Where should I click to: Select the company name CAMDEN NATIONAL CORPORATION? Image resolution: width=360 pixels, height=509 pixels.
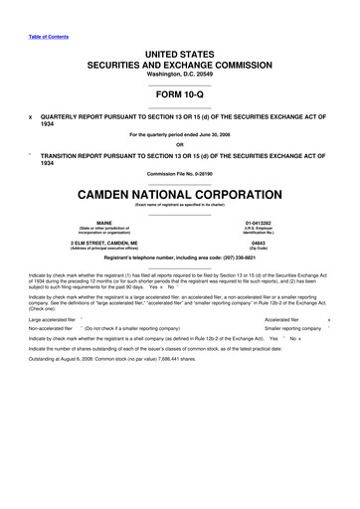tap(180, 193)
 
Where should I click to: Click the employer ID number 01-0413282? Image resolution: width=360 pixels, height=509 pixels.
tap(258, 223)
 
